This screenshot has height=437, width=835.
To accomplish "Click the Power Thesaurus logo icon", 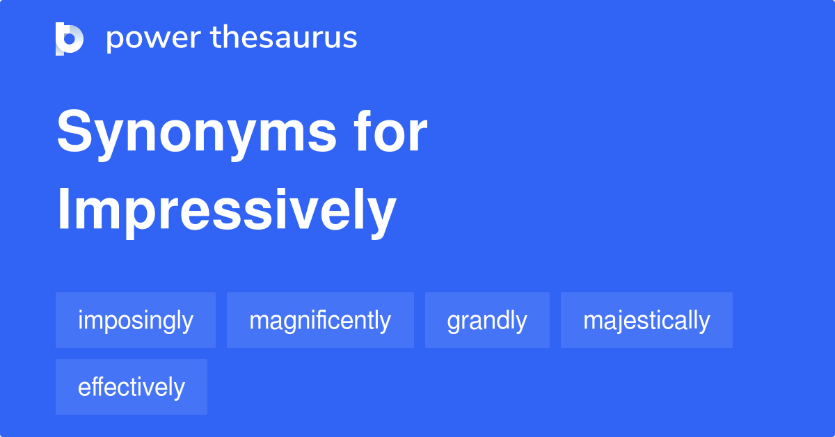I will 69,38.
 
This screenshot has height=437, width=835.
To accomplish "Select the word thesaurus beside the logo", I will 284,38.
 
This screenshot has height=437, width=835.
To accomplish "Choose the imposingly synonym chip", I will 136,320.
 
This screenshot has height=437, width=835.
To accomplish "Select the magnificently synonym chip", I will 320,320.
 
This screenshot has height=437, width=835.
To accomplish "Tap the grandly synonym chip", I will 487,320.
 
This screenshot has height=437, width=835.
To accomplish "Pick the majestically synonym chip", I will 646,320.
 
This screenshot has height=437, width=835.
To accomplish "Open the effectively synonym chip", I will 132,387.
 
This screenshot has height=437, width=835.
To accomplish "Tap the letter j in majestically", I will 619,321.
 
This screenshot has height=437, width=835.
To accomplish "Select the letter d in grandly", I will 503,320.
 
